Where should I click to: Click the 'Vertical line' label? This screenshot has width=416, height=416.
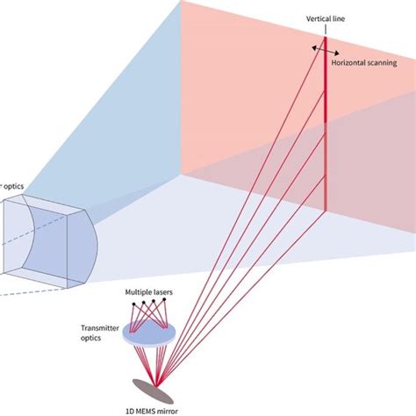click(x=324, y=18)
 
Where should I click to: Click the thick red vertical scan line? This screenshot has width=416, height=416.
click(x=326, y=132)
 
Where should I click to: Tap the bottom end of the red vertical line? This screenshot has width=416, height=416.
click(x=326, y=212)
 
